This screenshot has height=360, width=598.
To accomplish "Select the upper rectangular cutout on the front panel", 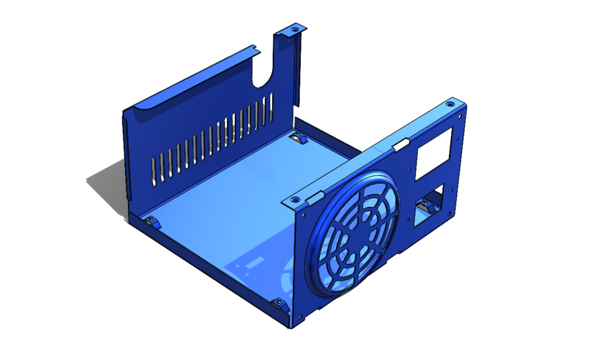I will tap(434, 152).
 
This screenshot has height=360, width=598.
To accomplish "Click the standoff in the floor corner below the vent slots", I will tap(151, 221).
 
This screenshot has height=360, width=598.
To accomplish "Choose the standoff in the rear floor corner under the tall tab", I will tap(298, 138).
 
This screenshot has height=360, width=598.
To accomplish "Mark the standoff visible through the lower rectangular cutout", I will tap(427, 206).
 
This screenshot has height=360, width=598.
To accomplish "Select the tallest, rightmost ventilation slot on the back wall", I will tap(271, 106).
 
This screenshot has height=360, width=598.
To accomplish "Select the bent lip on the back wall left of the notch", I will tap(187, 81).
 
